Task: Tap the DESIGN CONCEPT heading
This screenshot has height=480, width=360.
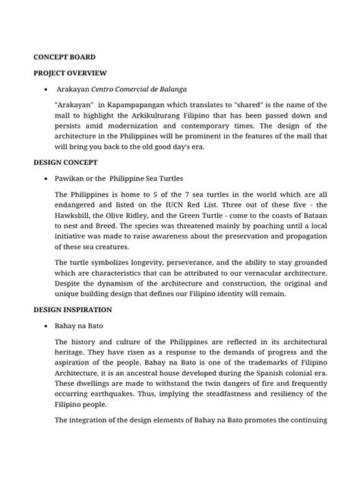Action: coord(67,162)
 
